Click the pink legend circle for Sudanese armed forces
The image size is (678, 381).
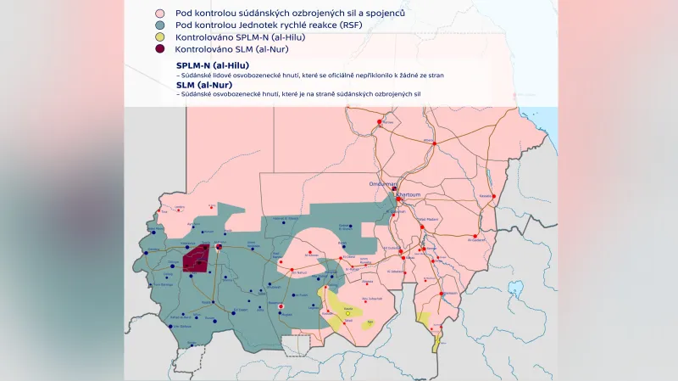[x=158, y=14]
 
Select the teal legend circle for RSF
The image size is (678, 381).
[x=158, y=26]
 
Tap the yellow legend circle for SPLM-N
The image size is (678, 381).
[x=158, y=39]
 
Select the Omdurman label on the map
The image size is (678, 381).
[x=382, y=183]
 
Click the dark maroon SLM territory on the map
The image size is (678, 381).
[x=197, y=258]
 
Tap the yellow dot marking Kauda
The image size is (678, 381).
[x=347, y=313]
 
